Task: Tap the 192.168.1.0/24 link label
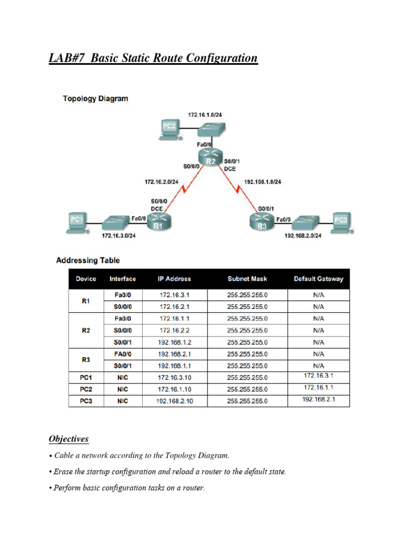[x=263, y=183]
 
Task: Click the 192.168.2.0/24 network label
[x=303, y=235]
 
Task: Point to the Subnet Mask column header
[x=247, y=279]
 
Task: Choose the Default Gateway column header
[x=318, y=279]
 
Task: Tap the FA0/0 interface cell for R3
[x=123, y=354]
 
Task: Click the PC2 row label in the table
[x=86, y=389]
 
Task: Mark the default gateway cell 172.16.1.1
[x=318, y=387]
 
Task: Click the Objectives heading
[x=69, y=439]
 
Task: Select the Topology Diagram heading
[x=95, y=99]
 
